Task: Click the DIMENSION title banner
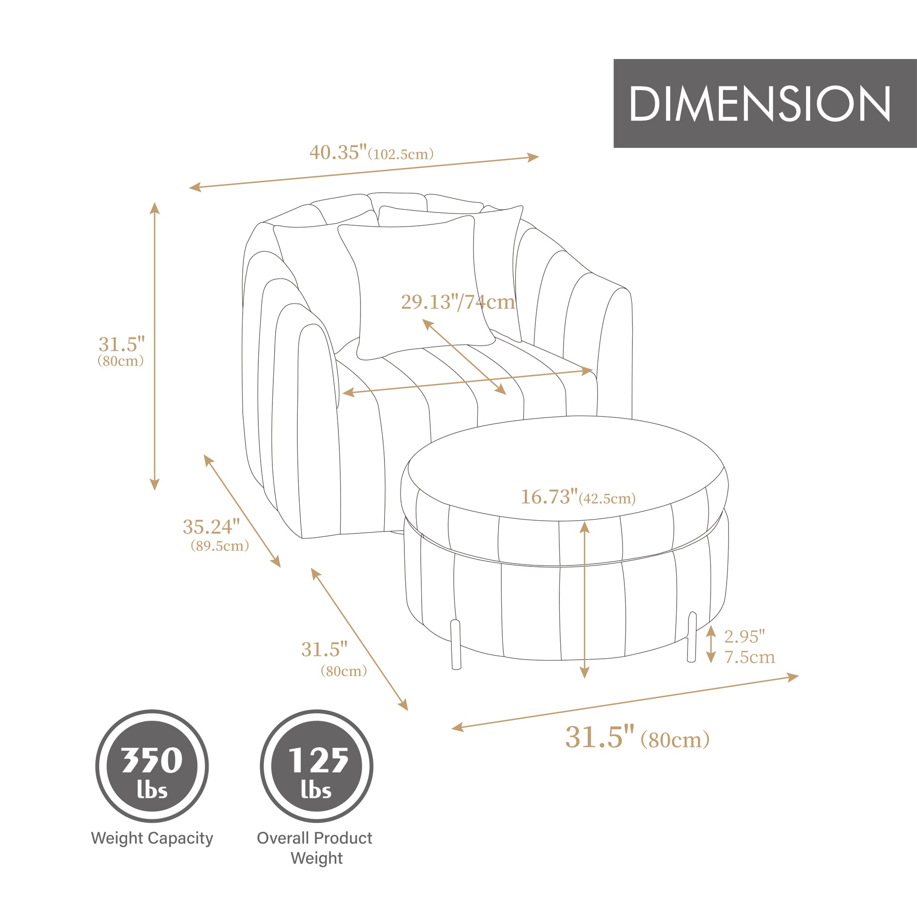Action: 765,103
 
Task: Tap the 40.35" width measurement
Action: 338,153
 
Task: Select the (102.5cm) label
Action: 401,155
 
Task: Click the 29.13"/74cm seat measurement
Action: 458,302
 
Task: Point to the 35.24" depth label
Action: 211,527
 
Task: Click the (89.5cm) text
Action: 220,546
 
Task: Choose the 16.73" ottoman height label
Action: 549,497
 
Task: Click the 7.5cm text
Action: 749,657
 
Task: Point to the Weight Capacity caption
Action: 152,838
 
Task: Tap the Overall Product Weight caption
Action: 315,848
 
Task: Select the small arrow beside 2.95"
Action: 711,644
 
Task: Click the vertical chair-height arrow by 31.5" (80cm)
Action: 154,346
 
